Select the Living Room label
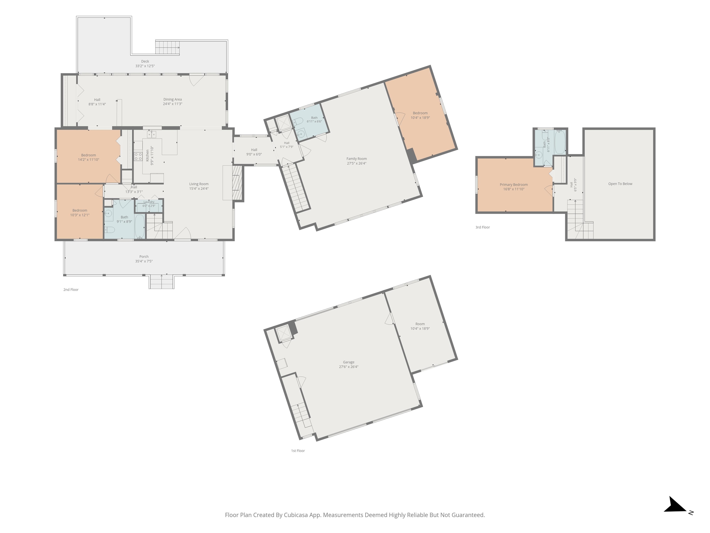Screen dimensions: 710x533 pyautogui.click(x=199, y=184)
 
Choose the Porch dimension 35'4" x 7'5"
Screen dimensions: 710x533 pyautogui.click(x=144, y=261)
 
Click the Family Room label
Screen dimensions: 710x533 pyautogui.click(x=356, y=159)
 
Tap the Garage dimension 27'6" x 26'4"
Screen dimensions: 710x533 pyautogui.click(x=349, y=367)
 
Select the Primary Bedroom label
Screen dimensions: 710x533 pyautogui.click(x=514, y=185)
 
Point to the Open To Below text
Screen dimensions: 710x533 pyautogui.click(x=620, y=184)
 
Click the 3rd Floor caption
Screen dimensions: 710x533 pyautogui.click(x=482, y=227)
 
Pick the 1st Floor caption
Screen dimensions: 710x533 pyautogui.click(x=298, y=451)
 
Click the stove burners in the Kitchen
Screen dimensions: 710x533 pyautogui.click(x=138, y=156)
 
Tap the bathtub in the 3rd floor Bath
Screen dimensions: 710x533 pyautogui.click(x=560, y=142)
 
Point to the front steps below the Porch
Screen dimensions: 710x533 pyautogui.click(x=162, y=282)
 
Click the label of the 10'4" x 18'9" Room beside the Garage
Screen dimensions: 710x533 pyautogui.click(x=420, y=324)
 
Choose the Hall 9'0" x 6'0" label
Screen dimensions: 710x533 pyautogui.click(x=254, y=150)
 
